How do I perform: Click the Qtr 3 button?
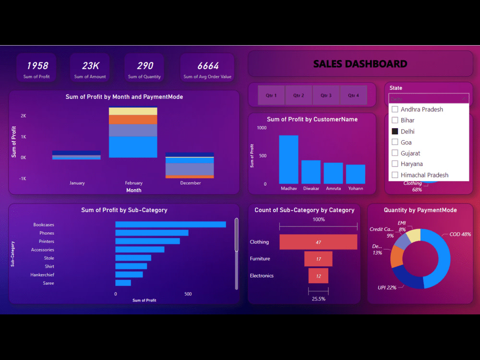click(326, 95)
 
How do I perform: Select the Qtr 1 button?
click(271, 95)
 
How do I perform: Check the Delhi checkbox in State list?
click(395, 132)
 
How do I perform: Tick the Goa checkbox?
click(395, 142)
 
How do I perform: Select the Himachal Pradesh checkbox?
click(395, 175)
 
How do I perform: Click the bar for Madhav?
click(288, 160)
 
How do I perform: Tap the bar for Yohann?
click(355, 174)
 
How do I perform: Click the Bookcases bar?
click(170, 224)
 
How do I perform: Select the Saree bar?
click(123, 283)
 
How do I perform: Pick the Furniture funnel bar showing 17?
click(318, 259)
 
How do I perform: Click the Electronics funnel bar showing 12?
click(318, 276)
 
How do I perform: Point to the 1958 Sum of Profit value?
click(37, 66)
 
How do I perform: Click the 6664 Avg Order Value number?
click(207, 66)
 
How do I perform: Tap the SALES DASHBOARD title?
click(360, 64)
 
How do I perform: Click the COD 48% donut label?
click(460, 234)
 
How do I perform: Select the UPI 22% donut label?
click(387, 288)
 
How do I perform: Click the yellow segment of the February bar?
click(133, 111)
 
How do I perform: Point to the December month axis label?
click(191, 183)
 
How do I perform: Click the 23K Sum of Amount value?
click(90, 66)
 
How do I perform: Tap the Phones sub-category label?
click(47, 233)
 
